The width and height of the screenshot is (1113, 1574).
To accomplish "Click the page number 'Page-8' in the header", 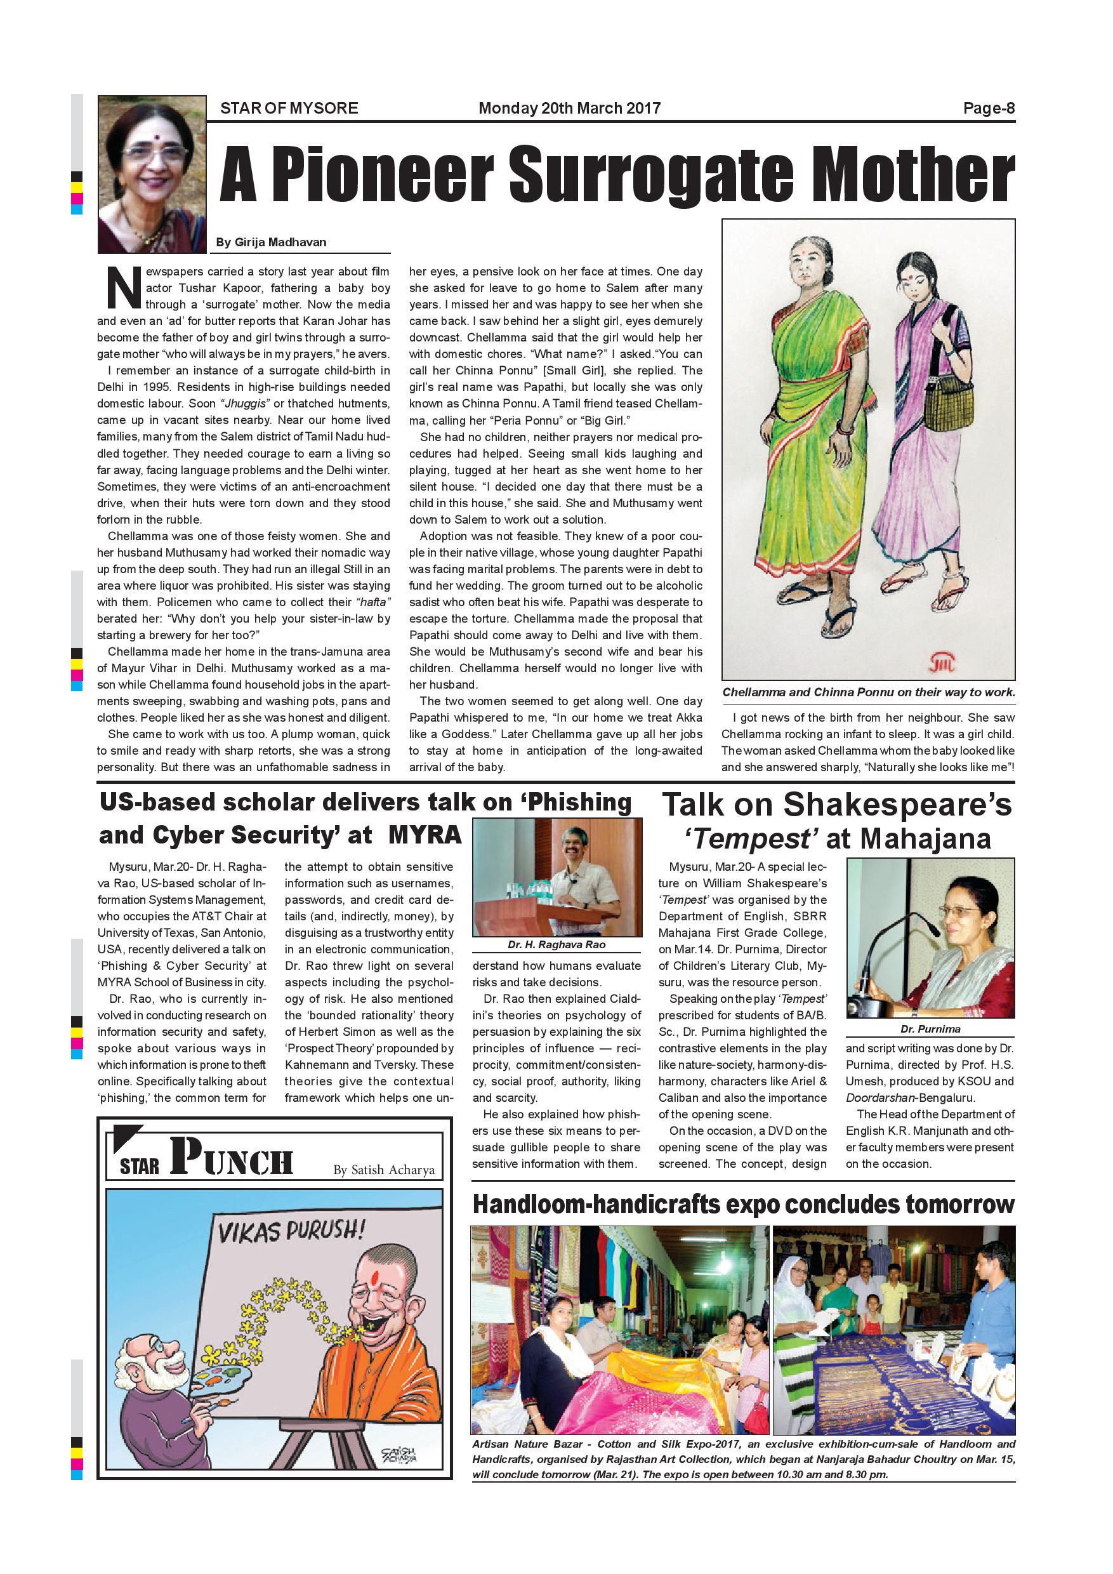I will click(988, 109).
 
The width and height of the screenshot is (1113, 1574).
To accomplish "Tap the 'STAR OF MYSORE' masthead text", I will click(289, 109).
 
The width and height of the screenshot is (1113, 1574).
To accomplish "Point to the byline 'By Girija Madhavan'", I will click(271, 242).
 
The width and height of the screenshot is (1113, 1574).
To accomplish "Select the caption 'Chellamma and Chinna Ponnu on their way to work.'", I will click(868, 692).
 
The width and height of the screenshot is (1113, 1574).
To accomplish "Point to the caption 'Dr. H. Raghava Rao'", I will click(556, 944).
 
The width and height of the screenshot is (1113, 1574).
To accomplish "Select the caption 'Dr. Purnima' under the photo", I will click(930, 1029).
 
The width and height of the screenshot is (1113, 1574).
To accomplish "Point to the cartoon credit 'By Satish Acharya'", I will click(384, 1170).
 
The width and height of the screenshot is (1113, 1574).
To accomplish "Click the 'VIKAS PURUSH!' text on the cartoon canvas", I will click(291, 1232).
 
